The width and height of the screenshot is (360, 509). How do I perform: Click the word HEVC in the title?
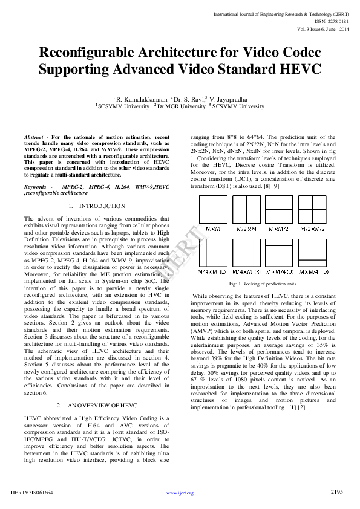click(x=298, y=69)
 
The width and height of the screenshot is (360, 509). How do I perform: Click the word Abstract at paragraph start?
click(x=34, y=138)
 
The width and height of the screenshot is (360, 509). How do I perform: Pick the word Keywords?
click(x=36, y=187)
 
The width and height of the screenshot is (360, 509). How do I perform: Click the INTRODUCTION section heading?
click(x=102, y=206)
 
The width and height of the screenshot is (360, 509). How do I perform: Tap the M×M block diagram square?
click(x=212, y=212)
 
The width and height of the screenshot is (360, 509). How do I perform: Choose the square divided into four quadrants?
click(x=314, y=212)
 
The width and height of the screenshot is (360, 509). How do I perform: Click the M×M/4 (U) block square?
click(x=280, y=253)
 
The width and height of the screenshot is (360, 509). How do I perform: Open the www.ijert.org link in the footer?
click(x=180, y=493)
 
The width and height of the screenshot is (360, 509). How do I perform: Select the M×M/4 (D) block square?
click(x=314, y=253)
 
